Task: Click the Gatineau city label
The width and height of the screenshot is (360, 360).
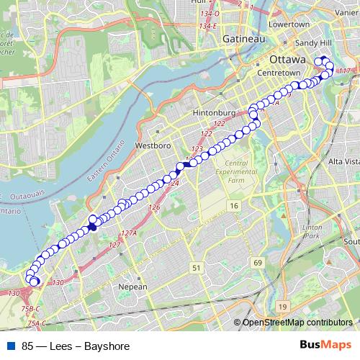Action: pyautogui.click(x=244, y=38)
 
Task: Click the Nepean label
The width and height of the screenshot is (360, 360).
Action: pyautogui.click(x=132, y=287)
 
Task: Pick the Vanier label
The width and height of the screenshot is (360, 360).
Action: pyautogui.click(x=348, y=21)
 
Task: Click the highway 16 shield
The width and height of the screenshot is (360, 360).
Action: pyautogui.click(x=234, y=207)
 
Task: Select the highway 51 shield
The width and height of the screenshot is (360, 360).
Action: pyautogui.click(x=197, y=267)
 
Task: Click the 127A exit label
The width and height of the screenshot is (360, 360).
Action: pyautogui.click(x=129, y=233)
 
